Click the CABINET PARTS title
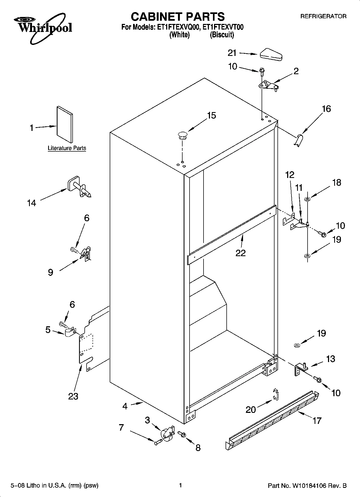[177, 17]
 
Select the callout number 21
[232, 53]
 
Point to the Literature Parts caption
[67, 148]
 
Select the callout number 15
[212, 116]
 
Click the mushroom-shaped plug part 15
[182, 135]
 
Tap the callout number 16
[326, 109]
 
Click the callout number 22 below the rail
[240, 253]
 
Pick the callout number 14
[31, 203]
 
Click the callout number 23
[73, 396]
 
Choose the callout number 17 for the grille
[317, 421]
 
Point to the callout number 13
[330, 359]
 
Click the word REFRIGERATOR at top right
[323, 16]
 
